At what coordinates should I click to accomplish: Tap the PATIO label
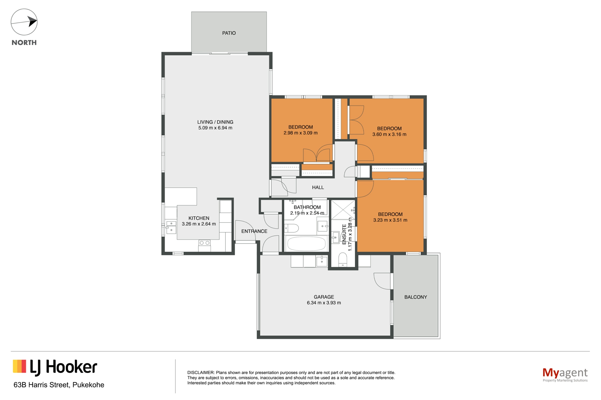(229, 33)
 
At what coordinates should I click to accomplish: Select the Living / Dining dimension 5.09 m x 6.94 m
(215, 128)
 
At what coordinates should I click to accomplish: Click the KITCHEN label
(199, 218)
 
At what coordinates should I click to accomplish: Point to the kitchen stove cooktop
(204, 243)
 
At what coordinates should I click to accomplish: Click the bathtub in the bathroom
(306, 244)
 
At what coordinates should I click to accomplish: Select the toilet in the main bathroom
(291, 228)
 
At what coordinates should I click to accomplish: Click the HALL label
(318, 187)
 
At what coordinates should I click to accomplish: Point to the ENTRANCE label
(254, 231)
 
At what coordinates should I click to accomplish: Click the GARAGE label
(324, 297)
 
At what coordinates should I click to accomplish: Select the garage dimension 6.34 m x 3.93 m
(324, 303)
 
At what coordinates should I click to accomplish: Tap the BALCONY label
(415, 297)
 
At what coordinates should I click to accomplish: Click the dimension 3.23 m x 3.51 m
(390, 220)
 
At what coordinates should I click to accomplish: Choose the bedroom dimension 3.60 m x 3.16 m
(389, 134)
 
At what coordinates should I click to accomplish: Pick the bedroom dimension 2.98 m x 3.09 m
(300, 133)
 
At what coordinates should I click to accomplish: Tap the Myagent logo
(565, 374)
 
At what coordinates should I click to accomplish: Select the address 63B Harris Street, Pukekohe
(59, 385)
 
